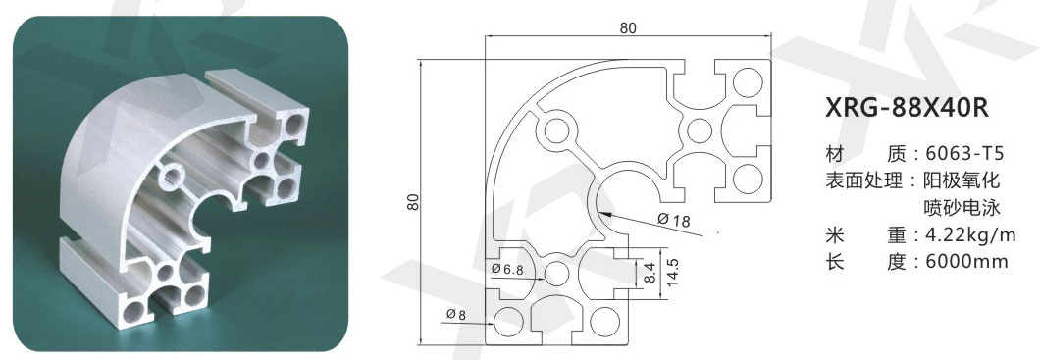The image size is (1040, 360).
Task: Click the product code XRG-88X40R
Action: coord(907,108)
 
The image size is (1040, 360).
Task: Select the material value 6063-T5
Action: coord(960,154)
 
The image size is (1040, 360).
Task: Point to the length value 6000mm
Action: coord(962,261)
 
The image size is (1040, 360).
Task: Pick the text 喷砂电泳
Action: coord(962,208)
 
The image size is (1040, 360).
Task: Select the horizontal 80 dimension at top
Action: coord(628,27)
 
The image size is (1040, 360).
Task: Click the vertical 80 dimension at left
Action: coord(413,202)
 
